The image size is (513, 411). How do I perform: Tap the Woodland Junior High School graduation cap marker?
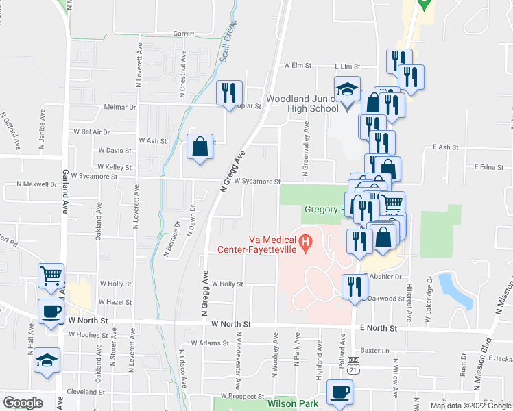[x=347, y=90]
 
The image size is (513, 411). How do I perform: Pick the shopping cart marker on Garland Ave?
[x=51, y=276]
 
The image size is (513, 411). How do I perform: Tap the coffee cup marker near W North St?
[x=50, y=312]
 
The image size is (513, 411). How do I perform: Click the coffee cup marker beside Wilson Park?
[x=339, y=393]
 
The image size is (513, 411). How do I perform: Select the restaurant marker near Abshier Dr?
[x=354, y=285]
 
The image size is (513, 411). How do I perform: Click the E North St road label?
[x=379, y=328]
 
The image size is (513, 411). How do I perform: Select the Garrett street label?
[x=184, y=33]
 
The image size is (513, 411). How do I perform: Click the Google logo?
[x=23, y=403]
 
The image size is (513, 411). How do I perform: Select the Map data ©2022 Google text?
[x=470, y=406]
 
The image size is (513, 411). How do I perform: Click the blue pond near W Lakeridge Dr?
[x=455, y=290]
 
